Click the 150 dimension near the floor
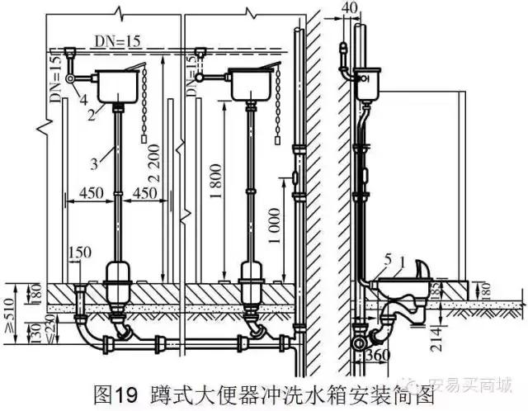tap(82, 253)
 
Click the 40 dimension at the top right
tap(351, 7)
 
